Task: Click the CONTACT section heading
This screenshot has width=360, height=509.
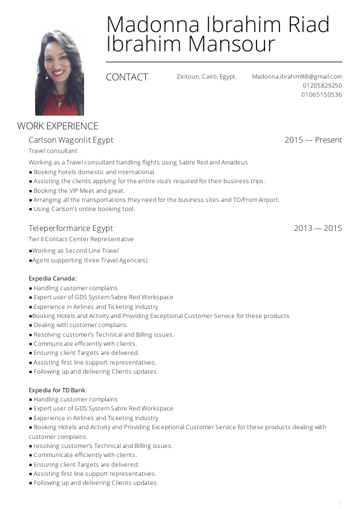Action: click(126, 77)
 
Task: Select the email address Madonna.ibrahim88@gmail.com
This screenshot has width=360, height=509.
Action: click(297, 77)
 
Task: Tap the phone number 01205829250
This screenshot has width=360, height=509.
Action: click(322, 86)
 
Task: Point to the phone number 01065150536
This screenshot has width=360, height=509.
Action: click(322, 95)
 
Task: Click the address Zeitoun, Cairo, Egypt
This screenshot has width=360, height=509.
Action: click(206, 77)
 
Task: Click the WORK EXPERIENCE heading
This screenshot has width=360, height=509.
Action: click(57, 126)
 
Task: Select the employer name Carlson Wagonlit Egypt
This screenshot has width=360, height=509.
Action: click(71, 140)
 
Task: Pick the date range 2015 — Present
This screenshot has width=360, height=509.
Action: click(313, 140)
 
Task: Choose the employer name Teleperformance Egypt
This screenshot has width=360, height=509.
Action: click(71, 229)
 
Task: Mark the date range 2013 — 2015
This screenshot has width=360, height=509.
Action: click(318, 229)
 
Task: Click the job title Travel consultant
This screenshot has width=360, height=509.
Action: click(53, 151)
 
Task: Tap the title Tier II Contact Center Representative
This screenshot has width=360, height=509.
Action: click(81, 239)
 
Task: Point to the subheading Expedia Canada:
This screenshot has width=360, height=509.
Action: click(53, 279)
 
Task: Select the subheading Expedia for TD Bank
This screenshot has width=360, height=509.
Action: click(57, 390)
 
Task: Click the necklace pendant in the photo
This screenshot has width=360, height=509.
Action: click(60, 103)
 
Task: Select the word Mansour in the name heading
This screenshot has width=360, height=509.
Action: click(234, 44)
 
